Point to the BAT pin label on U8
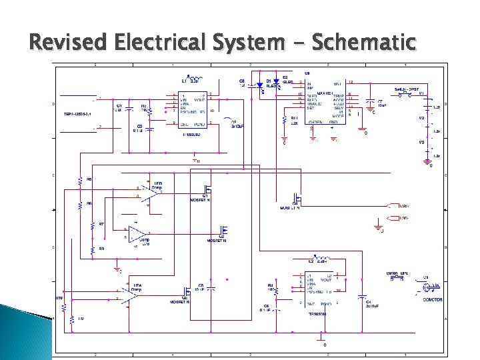(337, 83)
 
